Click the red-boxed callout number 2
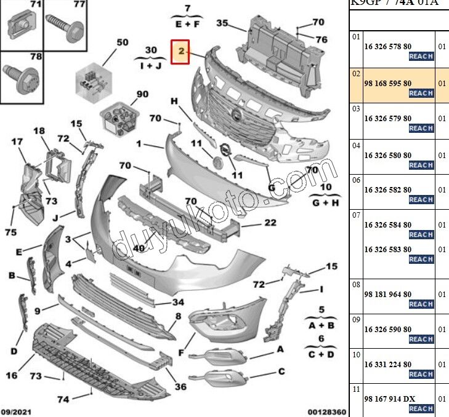coord(181,52)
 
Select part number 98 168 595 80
coord(387,83)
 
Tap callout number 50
coord(123,42)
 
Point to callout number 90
coord(142,94)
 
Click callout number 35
coord(222,23)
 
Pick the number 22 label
coord(270,223)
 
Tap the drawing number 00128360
coord(327,411)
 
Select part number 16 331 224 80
coord(387,364)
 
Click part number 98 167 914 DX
coord(389,399)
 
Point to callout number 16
coord(12,375)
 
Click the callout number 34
coord(178,302)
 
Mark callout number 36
coord(180,387)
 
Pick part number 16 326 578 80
coord(387,46)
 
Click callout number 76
coord(322,39)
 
